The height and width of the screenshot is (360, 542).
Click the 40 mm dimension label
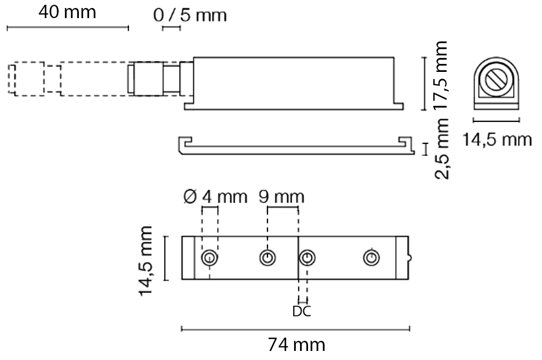coord(67,12)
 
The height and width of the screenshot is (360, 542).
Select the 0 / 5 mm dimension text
coord(190,15)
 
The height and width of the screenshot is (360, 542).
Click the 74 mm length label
coord(296,345)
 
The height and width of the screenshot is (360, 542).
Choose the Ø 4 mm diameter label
coord(215,197)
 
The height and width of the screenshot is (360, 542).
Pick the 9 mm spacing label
coord(281,197)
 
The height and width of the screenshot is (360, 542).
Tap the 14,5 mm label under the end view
coord(496,140)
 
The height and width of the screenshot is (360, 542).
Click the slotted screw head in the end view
coord(496,81)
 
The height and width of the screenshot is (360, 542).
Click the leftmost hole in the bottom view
coord(209,258)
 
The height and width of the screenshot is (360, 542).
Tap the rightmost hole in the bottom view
coord(371,258)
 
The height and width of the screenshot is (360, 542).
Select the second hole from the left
coord(268,258)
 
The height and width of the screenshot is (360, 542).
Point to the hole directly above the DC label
coord(306,258)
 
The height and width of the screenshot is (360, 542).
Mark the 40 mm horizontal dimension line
coord(67,27)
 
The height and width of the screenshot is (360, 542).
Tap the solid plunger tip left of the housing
coord(155,79)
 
